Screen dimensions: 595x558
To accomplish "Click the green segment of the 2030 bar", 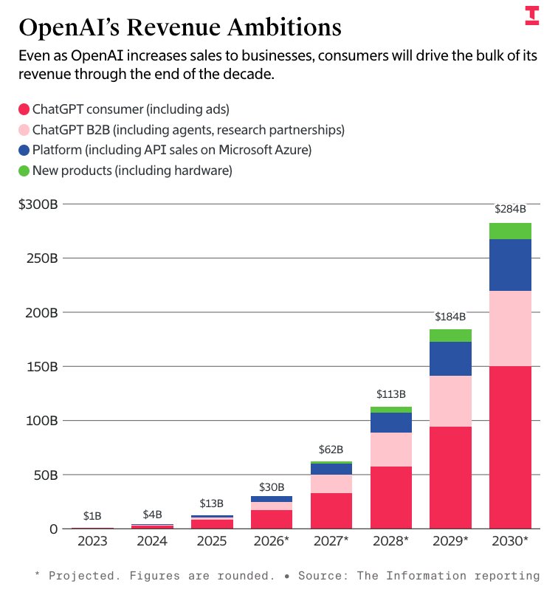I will click(510, 231).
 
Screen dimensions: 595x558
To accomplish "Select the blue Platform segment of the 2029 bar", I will click(450, 359).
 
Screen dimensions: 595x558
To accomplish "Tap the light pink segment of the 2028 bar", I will click(390, 450).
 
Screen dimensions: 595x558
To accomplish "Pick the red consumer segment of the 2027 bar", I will click(331, 510).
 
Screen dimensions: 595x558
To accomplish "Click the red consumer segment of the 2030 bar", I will click(510, 447).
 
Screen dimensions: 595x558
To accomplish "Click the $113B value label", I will click(390, 394).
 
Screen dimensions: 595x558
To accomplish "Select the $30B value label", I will click(271, 487).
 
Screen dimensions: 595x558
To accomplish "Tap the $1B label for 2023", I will click(92, 515).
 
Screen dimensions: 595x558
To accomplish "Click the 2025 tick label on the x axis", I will click(211, 541).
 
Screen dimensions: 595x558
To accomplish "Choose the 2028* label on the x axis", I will click(390, 541).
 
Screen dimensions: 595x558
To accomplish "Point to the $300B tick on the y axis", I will click(38, 204).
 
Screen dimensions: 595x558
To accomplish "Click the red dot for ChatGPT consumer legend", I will click(24, 110).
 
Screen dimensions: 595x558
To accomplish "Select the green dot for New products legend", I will click(24, 171).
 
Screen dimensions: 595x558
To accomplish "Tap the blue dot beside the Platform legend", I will click(24, 151).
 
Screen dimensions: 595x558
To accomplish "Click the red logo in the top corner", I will click(532, 16).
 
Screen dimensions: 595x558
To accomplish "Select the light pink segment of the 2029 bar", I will click(450, 402).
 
